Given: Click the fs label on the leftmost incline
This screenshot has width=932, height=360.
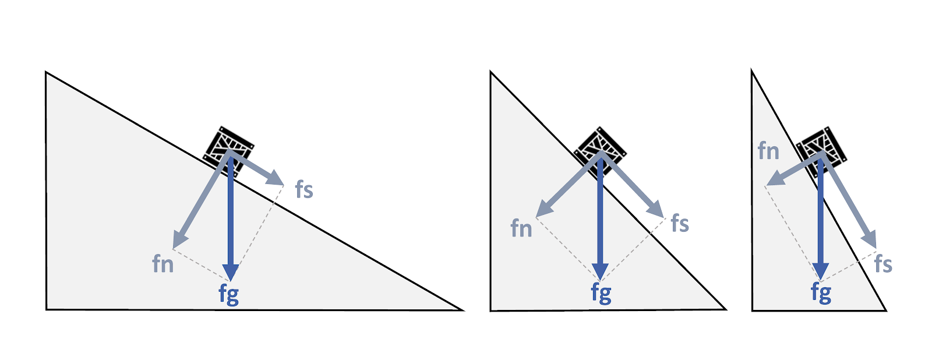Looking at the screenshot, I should (x=304, y=190).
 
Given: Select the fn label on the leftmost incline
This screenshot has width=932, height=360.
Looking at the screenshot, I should (x=163, y=264).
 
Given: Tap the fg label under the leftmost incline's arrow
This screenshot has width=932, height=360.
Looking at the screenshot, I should (x=229, y=294).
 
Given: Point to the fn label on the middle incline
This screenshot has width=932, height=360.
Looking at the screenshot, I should (x=521, y=228).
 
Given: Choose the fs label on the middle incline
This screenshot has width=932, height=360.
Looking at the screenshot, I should (x=680, y=223).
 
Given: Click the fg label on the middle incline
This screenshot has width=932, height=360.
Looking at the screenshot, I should (x=601, y=292).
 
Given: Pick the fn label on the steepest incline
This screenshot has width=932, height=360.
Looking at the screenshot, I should (x=768, y=151).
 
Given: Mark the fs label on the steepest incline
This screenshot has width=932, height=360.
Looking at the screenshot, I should (x=883, y=264).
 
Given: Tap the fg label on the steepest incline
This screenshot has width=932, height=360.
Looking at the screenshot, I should (x=821, y=292).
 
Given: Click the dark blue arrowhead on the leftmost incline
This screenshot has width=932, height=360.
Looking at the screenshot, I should (x=231, y=271).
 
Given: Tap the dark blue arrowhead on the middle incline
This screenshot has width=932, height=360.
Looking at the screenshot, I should (x=600, y=271).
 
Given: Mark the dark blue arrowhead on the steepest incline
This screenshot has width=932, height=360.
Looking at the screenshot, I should (x=821, y=271).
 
